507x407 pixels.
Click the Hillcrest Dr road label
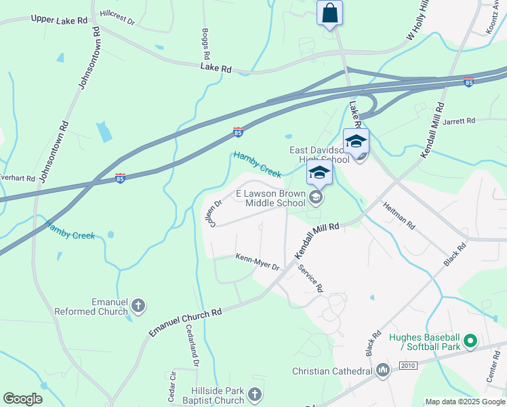coord(117,18)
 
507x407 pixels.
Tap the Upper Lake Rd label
coord(59,20)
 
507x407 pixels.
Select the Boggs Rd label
coord(205,44)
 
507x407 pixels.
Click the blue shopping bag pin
coord(329,13)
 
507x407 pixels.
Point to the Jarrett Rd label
coord(459,121)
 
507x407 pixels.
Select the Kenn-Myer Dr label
coord(258,262)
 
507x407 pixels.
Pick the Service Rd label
coord(310,277)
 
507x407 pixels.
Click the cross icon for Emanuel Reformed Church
coord(138,305)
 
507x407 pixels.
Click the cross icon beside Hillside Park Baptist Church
coord(255,395)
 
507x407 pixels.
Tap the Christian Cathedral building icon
coord(383,370)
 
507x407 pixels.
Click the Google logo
coord(22,398)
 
